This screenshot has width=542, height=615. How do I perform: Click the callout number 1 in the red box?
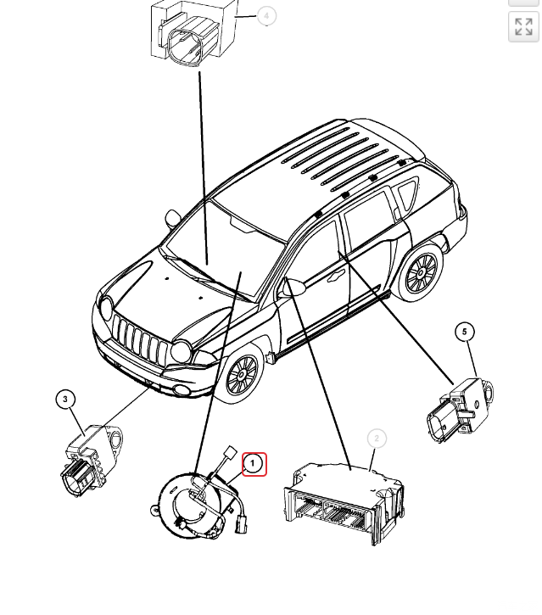click(254, 464)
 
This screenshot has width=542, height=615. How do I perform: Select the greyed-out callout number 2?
click(377, 439)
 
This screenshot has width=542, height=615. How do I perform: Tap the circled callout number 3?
click(65, 400)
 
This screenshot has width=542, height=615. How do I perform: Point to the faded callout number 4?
click(266, 16)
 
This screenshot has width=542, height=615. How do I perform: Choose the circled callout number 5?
click(465, 332)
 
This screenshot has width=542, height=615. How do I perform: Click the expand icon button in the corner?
click(523, 26)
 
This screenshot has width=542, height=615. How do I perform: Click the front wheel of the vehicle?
click(242, 375)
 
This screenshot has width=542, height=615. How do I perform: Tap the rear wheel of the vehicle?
click(421, 272)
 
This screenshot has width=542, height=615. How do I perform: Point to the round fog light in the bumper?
click(182, 390)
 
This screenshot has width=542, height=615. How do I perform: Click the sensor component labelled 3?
click(92, 461)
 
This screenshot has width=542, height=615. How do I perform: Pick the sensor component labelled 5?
click(460, 410)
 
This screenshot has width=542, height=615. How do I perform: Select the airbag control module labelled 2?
click(344, 503)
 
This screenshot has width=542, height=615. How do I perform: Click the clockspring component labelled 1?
click(196, 506)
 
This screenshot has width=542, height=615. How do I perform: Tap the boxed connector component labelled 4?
click(193, 32)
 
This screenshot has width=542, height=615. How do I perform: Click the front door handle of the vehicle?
click(334, 277)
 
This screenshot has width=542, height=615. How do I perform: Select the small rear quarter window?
click(408, 193)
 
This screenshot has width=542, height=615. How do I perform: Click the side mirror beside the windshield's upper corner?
click(172, 218)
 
